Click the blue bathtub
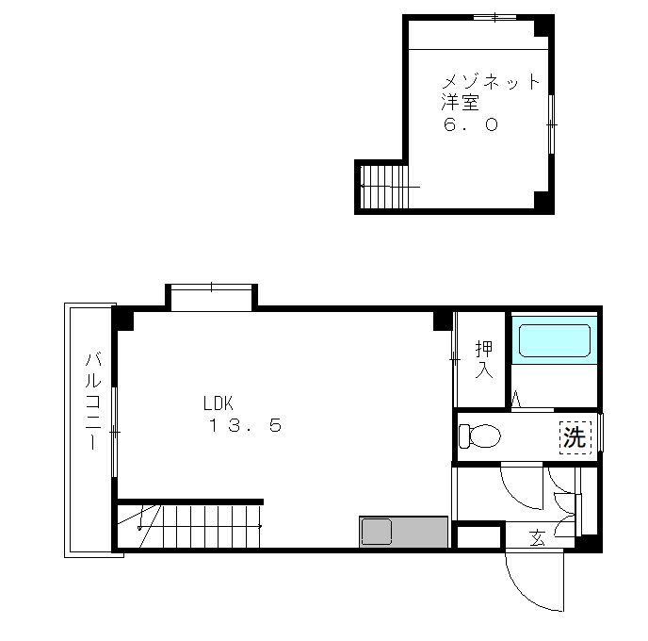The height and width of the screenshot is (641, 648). pyautogui.click(x=554, y=340)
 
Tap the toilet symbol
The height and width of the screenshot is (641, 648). pyautogui.click(x=479, y=436)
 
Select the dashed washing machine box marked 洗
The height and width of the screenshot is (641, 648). pyautogui.click(x=575, y=437)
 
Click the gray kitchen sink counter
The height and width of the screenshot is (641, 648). pyautogui.click(x=404, y=532)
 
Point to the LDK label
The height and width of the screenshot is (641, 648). pyautogui.click(x=219, y=403)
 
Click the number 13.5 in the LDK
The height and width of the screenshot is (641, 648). pyautogui.click(x=246, y=425)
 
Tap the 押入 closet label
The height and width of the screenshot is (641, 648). pyautogui.click(x=484, y=359)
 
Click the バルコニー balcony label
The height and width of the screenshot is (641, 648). pyautogui.click(x=93, y=401)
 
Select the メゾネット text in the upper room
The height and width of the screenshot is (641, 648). pyautogui.click(x=491, y=81)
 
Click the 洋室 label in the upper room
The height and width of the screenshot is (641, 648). pyautogui.click(x=460, y=103)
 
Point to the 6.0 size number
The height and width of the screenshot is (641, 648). pyautogui.click(x=470, y=124)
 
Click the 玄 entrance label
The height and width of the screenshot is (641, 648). pyautogui.click(x=537, y=538)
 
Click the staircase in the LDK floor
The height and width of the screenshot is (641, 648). pyautogui.click(x=189, y=526)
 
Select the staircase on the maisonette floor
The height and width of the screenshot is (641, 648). pyautogui.click(x=384, y=187)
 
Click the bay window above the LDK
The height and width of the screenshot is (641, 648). pyautogui.click(x=211, y=297)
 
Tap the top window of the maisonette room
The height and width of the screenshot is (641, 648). pyautogui.click(x=494, y=17)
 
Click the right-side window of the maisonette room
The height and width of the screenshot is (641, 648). pyautogui.click(x=551, y=124)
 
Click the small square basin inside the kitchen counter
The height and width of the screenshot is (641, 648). pyautogui.click(x=377, y=532)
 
